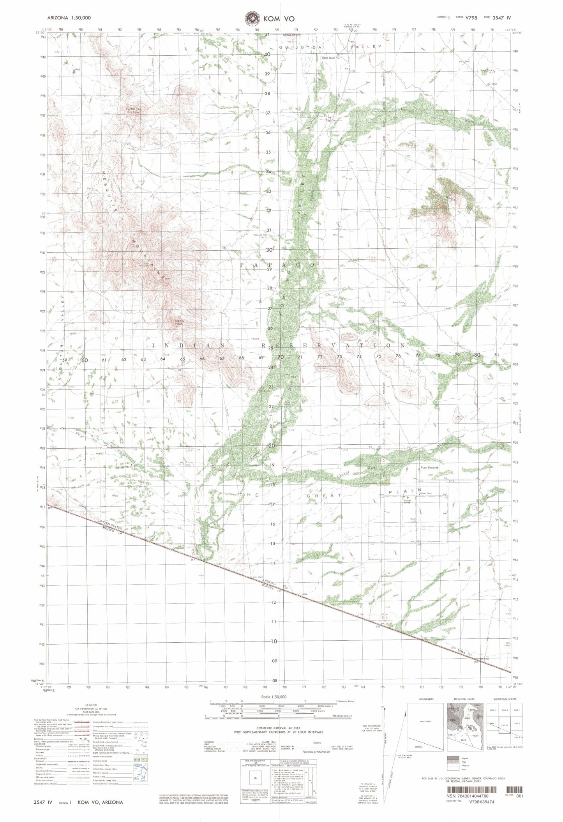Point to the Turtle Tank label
coord(132,109)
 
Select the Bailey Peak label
coord(179,322)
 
